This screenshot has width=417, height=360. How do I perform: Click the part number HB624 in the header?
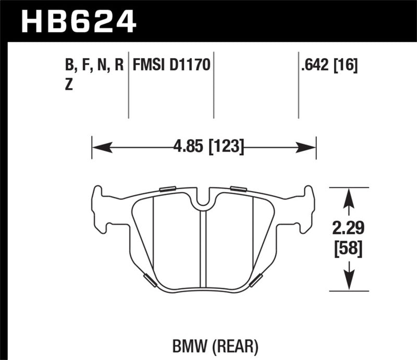pyautogui.click(x=78, y=21)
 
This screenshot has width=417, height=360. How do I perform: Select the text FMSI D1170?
pyautogui.click(x=171, y=66)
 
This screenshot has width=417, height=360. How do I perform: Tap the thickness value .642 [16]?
pyautogui.click(x=327, y=66)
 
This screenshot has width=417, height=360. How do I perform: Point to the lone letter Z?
pyautogui.click(x=68, y=86)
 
